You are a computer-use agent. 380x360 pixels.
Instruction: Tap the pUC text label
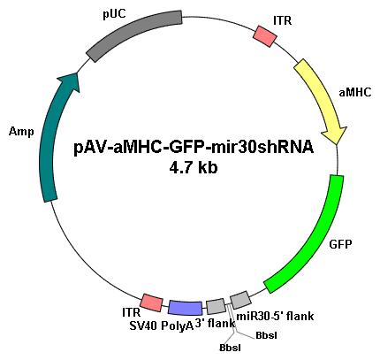pos(114,14)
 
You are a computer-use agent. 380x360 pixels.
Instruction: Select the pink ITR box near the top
pos(265,36)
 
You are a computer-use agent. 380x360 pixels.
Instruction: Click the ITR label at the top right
pos(282,21)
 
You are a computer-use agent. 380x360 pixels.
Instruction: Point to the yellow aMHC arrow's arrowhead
pos(335,135)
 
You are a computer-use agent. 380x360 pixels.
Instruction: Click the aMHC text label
pos(355,93)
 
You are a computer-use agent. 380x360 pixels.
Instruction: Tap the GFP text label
pos(340,244)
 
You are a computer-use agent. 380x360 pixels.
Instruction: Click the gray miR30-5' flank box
pos(240,300)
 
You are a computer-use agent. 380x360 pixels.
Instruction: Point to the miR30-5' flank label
pos(275,317)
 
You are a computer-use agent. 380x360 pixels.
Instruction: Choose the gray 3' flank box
pos(216,306)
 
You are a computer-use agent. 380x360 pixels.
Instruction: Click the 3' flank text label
pos(215,324)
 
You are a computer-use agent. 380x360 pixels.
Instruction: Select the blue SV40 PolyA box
pos(186,308)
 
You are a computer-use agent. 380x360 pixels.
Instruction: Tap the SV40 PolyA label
pos(162,326)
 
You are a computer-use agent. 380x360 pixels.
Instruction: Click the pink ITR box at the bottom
pos(151,303)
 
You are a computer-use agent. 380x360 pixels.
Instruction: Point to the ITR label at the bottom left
pos(131,312)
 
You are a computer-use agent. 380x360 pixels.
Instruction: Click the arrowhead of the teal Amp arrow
pos(70,81)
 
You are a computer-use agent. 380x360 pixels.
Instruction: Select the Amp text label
pos(21,132)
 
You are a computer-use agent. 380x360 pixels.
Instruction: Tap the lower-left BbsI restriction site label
pos(230,348)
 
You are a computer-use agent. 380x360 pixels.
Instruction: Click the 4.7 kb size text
pos(194,168)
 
